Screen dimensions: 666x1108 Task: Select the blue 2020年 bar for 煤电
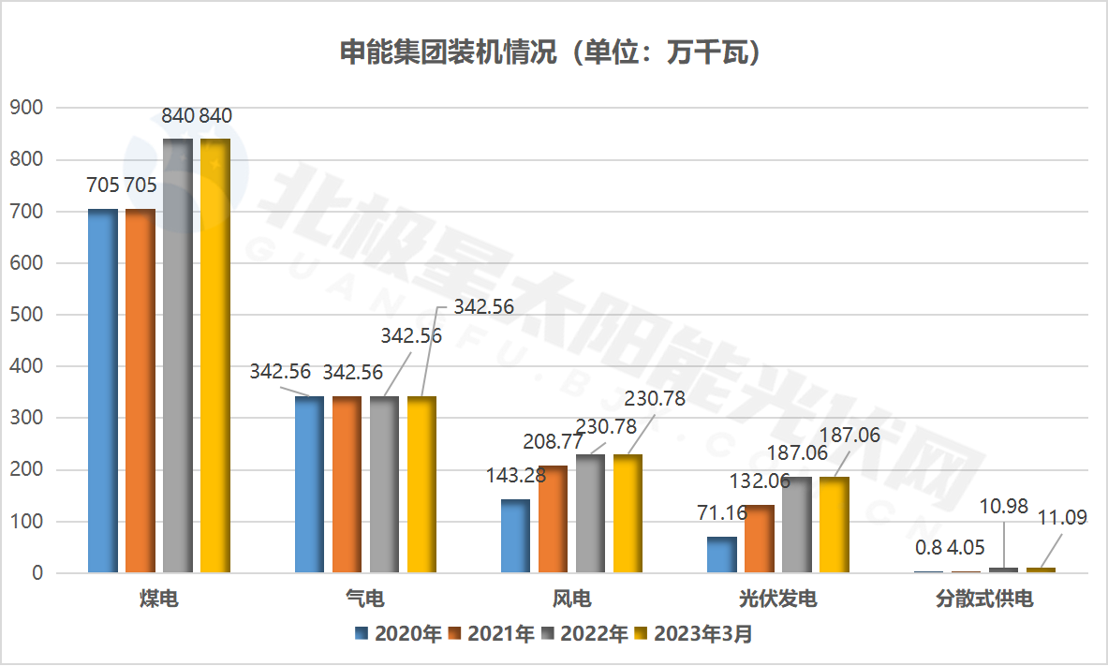click(103, 391)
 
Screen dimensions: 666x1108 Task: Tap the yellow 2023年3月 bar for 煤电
click(215, 356)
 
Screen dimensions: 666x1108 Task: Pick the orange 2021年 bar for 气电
click(347, 484)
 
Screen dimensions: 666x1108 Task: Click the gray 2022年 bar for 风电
click(590, 513)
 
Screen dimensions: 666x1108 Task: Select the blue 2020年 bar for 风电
click(515, 536)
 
